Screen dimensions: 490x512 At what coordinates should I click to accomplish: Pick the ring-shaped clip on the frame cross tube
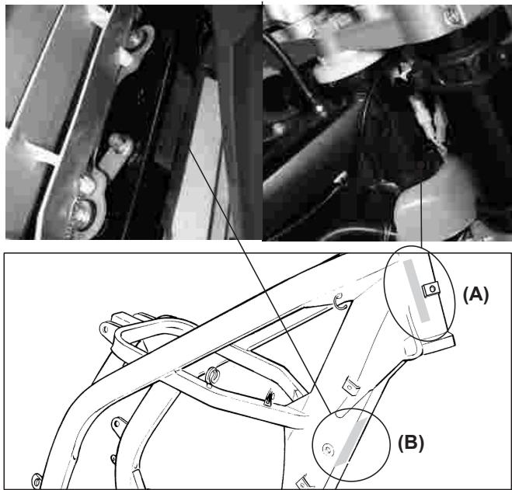211,376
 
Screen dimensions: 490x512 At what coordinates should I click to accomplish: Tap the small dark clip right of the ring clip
268,399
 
